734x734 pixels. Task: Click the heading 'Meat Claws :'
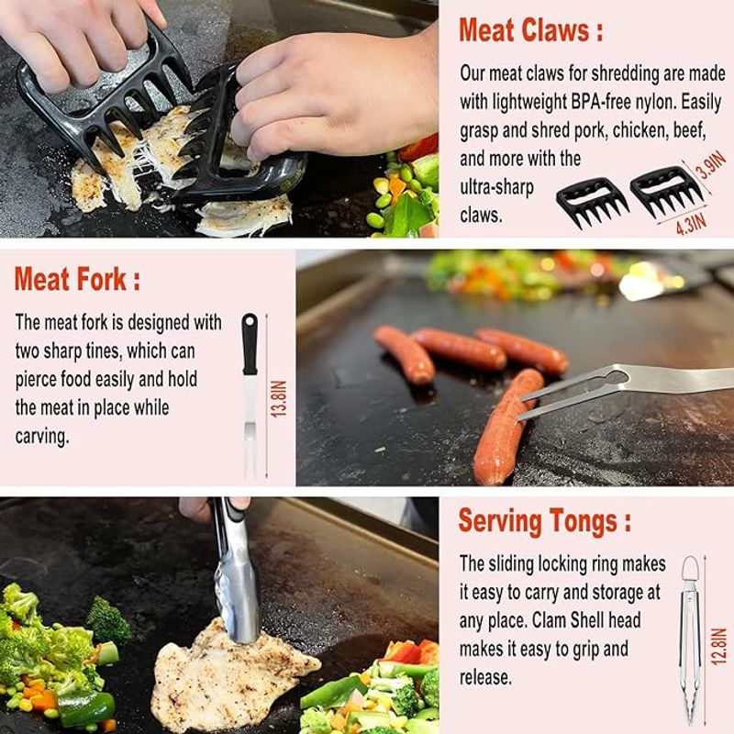tap(531, 30)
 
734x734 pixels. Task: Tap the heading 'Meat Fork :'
tap(77, 279)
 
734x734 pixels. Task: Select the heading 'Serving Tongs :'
tap(544, 521)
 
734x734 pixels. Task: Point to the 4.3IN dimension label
tap(691, 224)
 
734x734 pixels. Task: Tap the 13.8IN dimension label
tap(279, 399)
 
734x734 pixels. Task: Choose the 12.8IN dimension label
tap(718, 647)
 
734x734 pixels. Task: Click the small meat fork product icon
tap(250, 396)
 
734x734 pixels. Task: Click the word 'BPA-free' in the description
tap(601, 102)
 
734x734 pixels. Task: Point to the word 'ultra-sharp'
tap(496, 187)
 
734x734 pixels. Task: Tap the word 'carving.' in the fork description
tap(42, 437)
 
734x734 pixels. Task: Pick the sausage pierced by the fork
tap(507, 425)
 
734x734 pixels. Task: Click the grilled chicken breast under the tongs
tap(233, 675)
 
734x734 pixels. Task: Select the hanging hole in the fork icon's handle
tap(250, 322)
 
